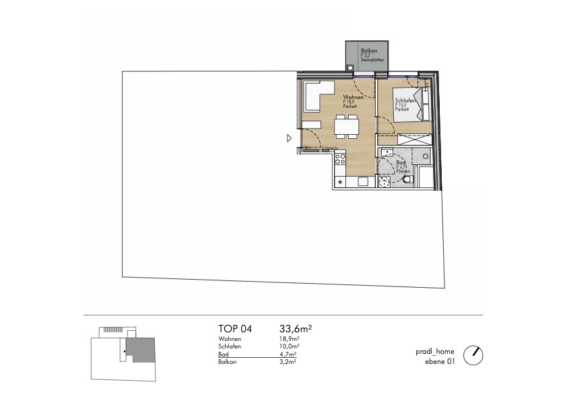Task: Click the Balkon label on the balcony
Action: tap(368, 51)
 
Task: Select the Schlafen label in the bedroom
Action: tap(404, 101)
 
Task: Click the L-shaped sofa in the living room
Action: tap(316, 94)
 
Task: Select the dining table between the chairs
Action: tap(347, 125)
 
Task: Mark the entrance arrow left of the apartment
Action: tap(288, 138)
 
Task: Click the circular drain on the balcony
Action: tap(350, 67)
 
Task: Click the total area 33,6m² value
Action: tap(295, 329)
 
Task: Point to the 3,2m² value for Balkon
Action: tap(288, 362)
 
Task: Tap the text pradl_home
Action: tap(435, 352)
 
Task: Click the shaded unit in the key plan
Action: tap(143, 350)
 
